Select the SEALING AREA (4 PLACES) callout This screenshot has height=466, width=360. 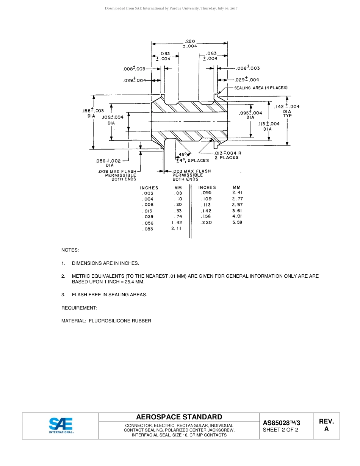(261, 88)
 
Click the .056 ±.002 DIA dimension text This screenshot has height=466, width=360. (108, 163)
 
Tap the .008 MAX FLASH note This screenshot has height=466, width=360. (117, 175)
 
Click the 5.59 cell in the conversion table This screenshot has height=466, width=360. (237, 222)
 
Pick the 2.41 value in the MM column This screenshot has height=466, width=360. (237, 192)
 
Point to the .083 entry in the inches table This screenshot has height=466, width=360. (148, 229)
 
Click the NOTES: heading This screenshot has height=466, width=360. (70, 250)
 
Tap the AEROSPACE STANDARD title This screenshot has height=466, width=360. (179, 417)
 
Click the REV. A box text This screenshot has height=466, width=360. (326, 425)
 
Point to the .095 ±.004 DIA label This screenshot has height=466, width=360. (250, 115)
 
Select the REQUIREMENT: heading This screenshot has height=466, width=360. (79, 308)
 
